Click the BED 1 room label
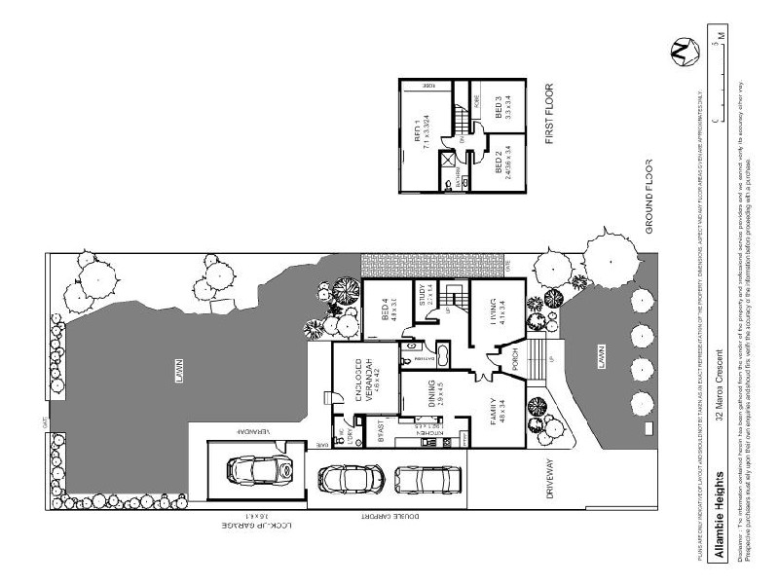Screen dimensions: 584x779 click(x=421, y=133)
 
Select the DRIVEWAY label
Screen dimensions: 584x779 click(x=550, y=478)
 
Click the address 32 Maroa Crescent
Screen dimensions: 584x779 click(x=720, y=384)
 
